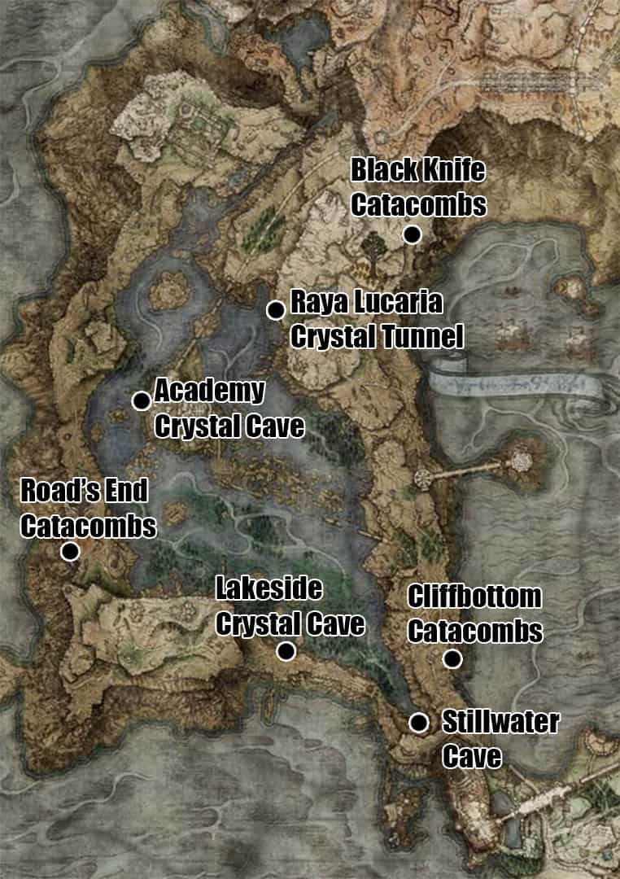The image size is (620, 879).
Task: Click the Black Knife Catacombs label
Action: coord(418,188)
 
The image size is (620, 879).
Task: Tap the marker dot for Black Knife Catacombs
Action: coord(412,235)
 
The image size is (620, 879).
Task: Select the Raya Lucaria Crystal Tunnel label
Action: coord(376,319)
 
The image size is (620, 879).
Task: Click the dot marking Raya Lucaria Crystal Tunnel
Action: coord(276,309)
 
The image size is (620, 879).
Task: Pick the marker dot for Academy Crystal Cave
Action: coord(142,400)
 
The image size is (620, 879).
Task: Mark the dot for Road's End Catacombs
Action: coord(70,552)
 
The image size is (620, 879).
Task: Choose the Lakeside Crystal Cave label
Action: coord(289,606)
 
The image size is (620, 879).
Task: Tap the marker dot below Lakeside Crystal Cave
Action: coord(286,651)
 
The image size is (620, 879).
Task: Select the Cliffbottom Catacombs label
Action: coord(474,614)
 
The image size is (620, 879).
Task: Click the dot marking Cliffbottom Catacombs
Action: coord(452,659)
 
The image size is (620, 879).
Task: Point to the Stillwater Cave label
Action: coord(500,739)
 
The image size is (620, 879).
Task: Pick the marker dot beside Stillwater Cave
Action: coord(419,723)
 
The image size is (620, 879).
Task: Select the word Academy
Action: coord(210,391)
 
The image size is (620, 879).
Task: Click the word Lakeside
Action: coord(269,588)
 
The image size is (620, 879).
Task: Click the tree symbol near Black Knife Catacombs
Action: coord(373,249)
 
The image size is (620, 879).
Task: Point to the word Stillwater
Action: coord(500,722)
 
